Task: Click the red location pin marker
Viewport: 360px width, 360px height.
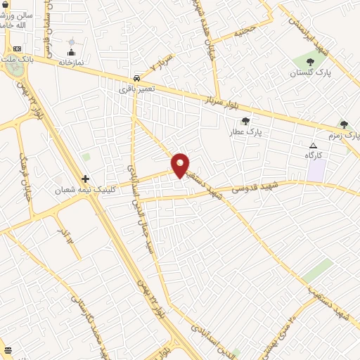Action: click(181, 166)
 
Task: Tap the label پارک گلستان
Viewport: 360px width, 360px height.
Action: click(309, 72)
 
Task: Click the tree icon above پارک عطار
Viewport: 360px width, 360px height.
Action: click(245, 121)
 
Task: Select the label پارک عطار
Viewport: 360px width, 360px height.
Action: click(247, 131)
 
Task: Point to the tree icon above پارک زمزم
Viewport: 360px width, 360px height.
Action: click(344, 124)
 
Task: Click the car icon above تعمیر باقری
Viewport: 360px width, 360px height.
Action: click(136, 78)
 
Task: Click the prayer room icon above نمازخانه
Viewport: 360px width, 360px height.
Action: click(71, 52)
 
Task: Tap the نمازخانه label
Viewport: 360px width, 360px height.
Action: click(71, 63)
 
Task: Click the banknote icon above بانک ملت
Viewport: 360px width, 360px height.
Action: click(18, 49)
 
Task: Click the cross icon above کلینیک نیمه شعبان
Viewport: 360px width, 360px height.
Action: click(86, 179)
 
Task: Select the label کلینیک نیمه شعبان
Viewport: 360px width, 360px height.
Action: click(85, 190)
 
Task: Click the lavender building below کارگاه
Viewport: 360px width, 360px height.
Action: click(316, 170)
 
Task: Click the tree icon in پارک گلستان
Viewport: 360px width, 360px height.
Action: click(310, 62)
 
